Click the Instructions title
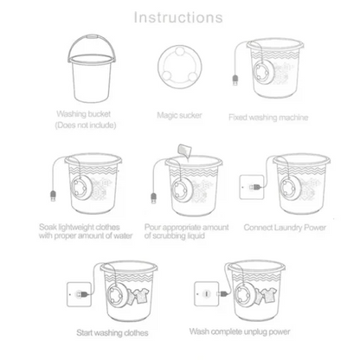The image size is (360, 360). click(x=180, y=16)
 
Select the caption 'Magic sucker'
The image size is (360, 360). click(x=179, y=114)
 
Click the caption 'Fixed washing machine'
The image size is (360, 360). click(x=269, y=117)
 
